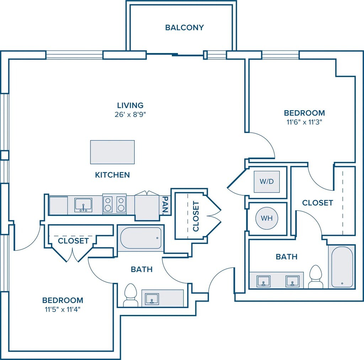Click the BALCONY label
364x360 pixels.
(184, 27)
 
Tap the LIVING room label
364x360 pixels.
(130, 105)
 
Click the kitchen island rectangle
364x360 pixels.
(112, 152)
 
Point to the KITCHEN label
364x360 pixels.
(112, 175)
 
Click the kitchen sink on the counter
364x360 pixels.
(83, 205)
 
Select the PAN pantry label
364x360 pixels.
(165, 205)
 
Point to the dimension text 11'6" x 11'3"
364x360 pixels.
(304, 122)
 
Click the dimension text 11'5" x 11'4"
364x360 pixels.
(63, 309)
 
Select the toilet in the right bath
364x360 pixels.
(315, 277)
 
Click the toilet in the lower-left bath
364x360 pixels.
(130, 295)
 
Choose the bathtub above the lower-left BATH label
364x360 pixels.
(140, 238)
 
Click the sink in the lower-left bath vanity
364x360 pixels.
(152, 298)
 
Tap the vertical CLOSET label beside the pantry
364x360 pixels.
(196, 216)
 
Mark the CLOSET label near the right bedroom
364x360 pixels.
(317, 203)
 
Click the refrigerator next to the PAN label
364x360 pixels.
(147, 206)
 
